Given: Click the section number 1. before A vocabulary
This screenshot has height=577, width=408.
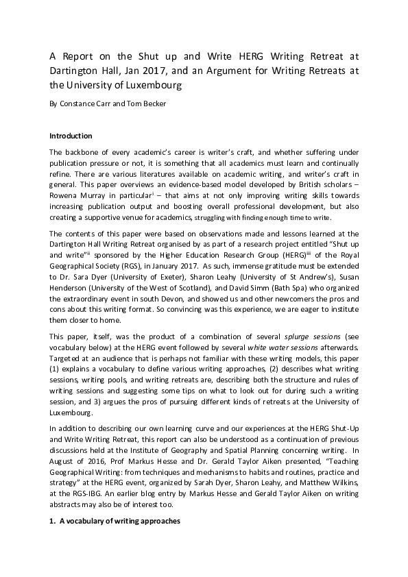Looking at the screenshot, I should (53, 521).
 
